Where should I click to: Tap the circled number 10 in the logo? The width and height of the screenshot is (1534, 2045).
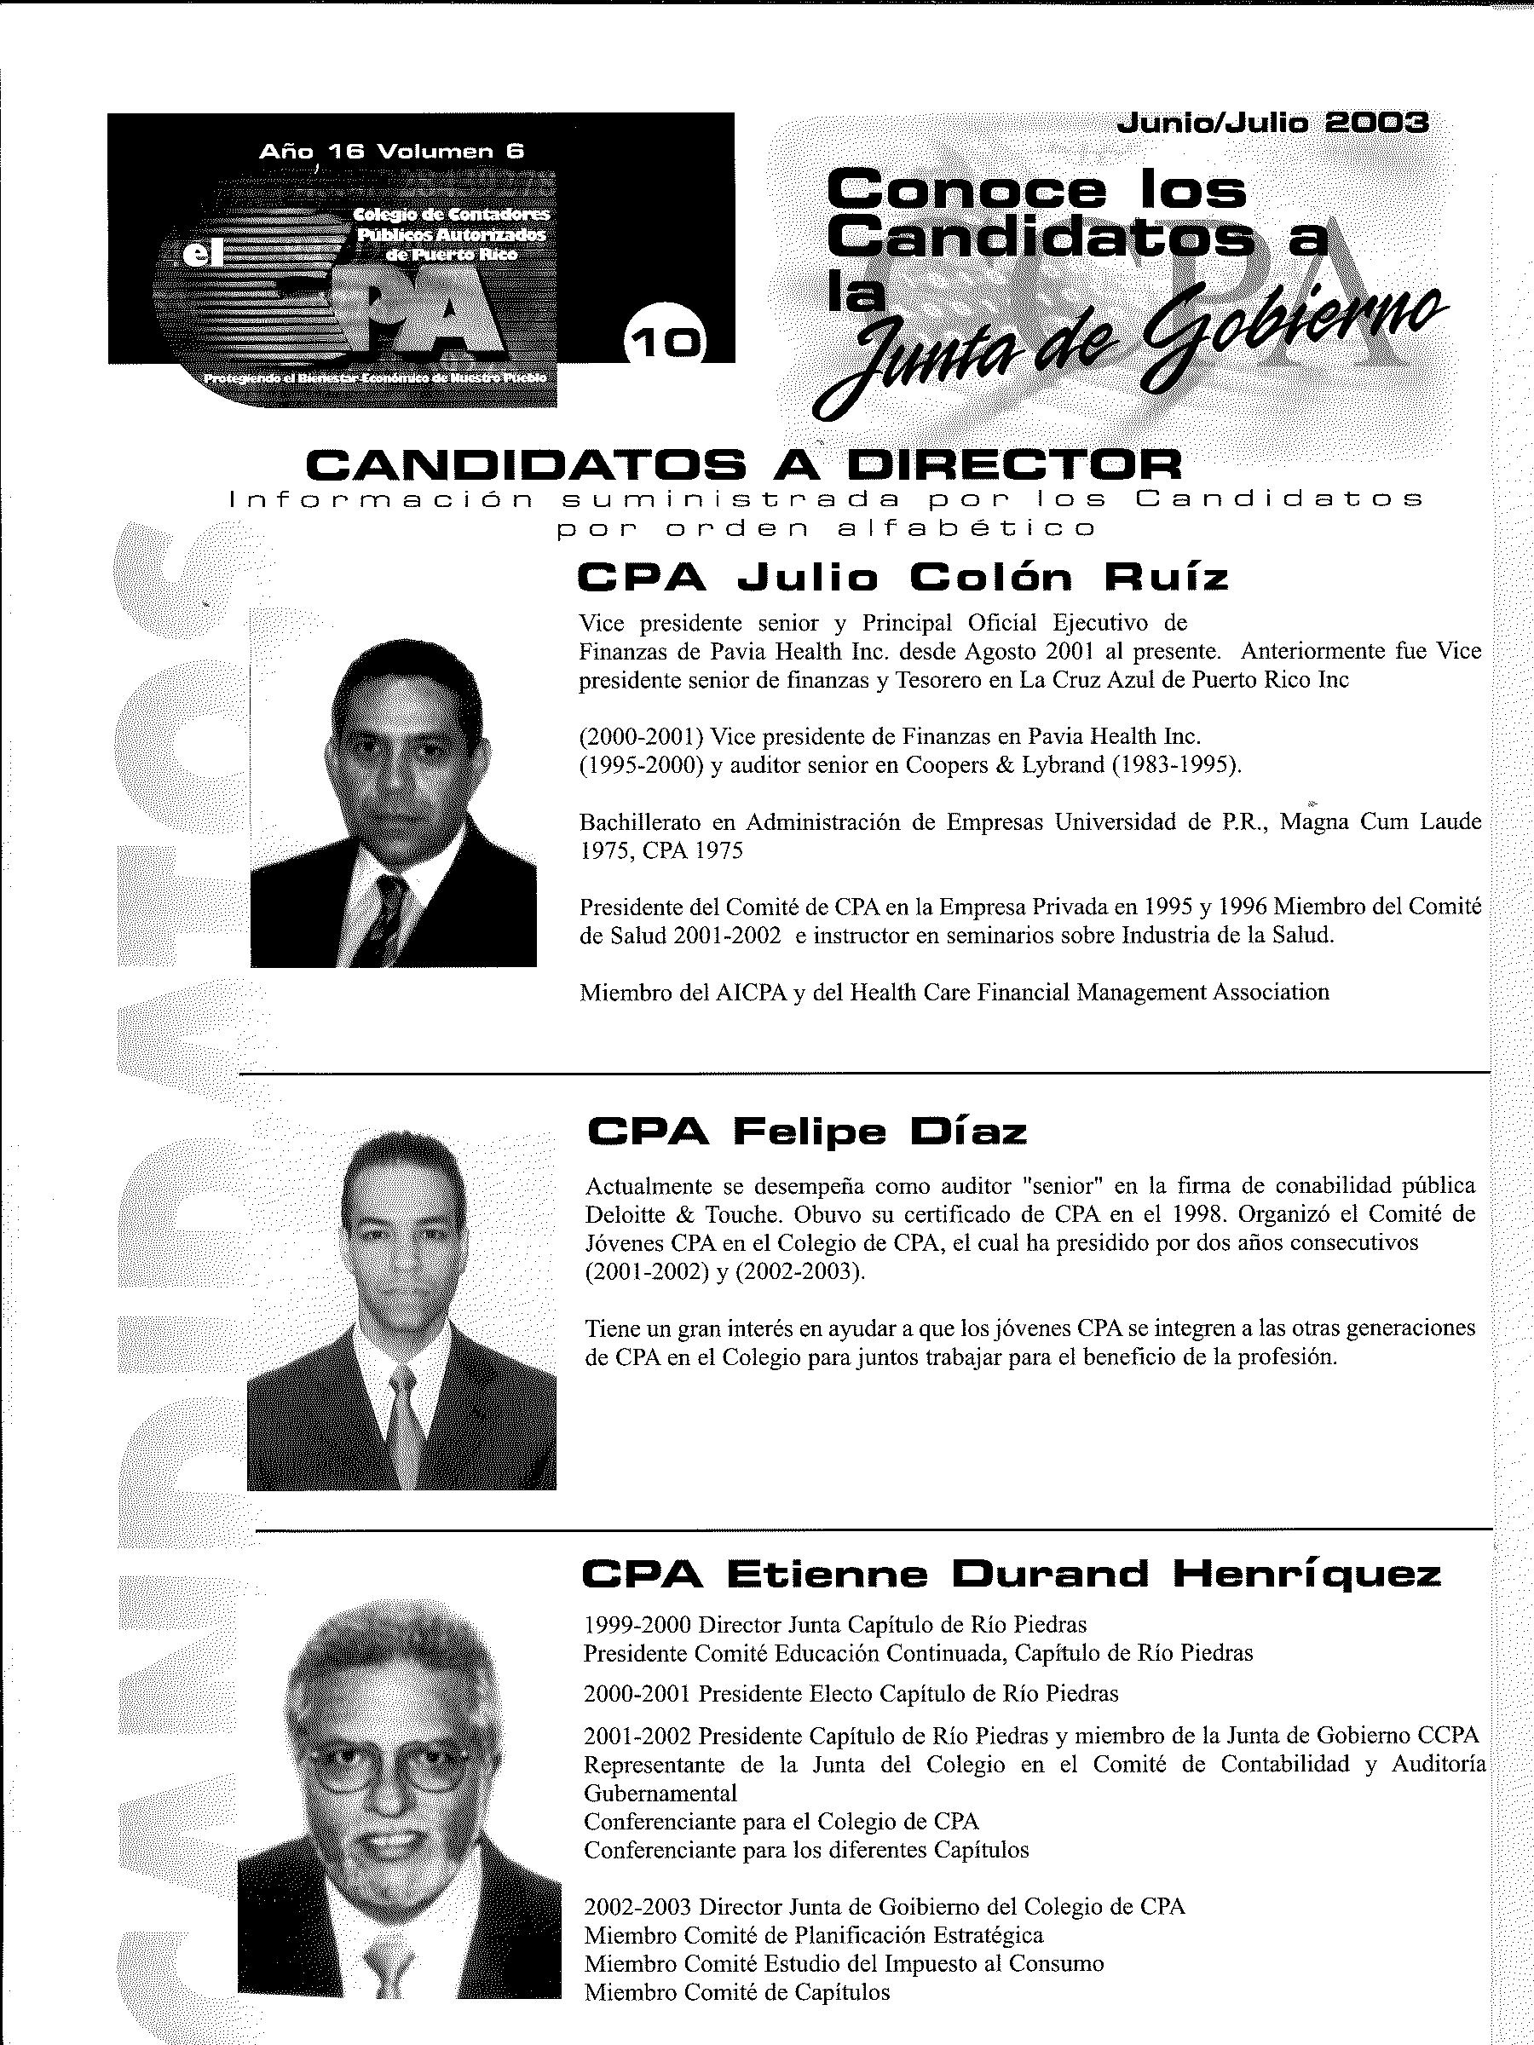pyautogui.click(x=666, y=342)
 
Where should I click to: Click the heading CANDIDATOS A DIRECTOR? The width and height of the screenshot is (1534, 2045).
pyautogui.click(x=743, y=464)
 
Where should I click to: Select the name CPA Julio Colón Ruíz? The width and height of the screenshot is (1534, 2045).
pyautogui.click(x=903, y=578)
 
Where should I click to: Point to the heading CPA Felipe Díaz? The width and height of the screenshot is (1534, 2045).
pyautogui.click(x=806, y=1132)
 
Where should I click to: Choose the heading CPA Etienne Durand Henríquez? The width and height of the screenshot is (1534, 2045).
pyautogui.click(x=1011, y=1575)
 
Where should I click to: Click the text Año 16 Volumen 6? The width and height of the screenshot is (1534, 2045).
pyautogui.click(x=392, y=153)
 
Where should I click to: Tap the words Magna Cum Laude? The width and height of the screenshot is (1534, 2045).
pyautogui.click(x=1380, y=822)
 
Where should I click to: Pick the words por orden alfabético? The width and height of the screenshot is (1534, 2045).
pyautogui.click(x=826, y=529)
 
